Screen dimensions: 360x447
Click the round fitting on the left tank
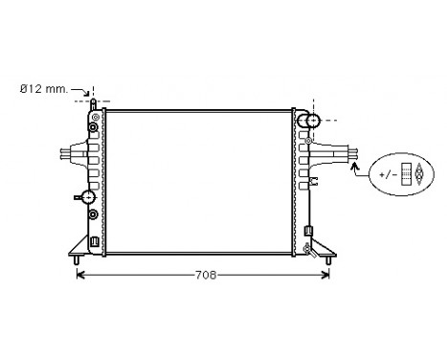(88, 196)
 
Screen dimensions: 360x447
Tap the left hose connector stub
(66, 154)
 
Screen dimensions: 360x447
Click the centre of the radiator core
(201, 181)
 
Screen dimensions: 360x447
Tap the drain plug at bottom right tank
(307, 248)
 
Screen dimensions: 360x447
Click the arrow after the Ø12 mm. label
(84, 90)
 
